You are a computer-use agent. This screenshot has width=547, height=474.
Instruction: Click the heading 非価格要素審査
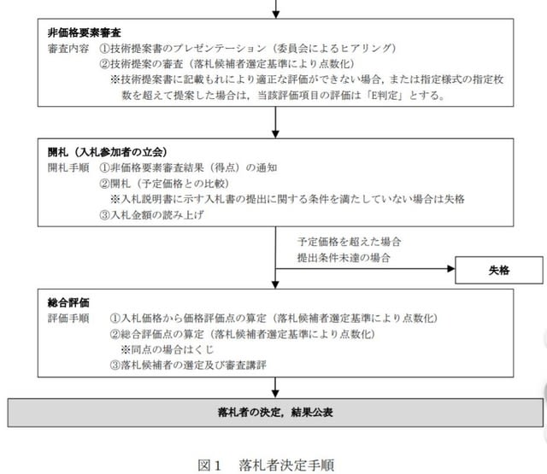(x=85, y=32)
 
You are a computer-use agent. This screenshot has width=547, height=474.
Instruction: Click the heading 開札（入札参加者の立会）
(x=108, y=152)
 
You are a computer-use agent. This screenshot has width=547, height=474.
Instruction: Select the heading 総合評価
(x=68, y=302)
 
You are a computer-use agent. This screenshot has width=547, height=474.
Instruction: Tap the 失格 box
(x=499, y=270)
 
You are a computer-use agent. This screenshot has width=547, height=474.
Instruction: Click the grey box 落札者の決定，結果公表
(x=275, y=413)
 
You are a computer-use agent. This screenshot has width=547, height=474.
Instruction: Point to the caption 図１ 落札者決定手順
(x=266, y=465)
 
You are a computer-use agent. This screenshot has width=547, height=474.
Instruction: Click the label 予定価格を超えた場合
(x=350, y=242)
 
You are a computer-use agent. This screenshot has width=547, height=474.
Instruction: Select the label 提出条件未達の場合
(x=344, y=258)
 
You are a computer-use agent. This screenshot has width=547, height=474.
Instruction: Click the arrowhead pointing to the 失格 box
(x=451, y=269)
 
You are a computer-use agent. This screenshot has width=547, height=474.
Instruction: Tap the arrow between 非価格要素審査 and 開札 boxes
(x=275, y=122)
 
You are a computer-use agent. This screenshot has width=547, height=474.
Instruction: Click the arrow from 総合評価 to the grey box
(x=275, y=388)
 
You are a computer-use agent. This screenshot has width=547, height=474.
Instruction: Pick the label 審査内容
(x=68, y=49)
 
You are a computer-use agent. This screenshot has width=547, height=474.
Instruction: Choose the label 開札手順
(x=68, y=167)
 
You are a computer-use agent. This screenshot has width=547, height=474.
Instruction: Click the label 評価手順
(x=68, y=319)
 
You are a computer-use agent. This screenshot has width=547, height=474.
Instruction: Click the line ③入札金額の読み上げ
(x=152, y=214)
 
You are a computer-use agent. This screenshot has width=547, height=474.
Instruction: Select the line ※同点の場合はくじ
(x=168, y=349)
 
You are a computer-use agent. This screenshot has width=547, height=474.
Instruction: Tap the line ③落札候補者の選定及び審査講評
(x=188, y=365)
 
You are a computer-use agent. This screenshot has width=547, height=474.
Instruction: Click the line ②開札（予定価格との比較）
(x=164, y=184)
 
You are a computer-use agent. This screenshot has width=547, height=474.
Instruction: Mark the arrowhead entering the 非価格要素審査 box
(x=275, y=15)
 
